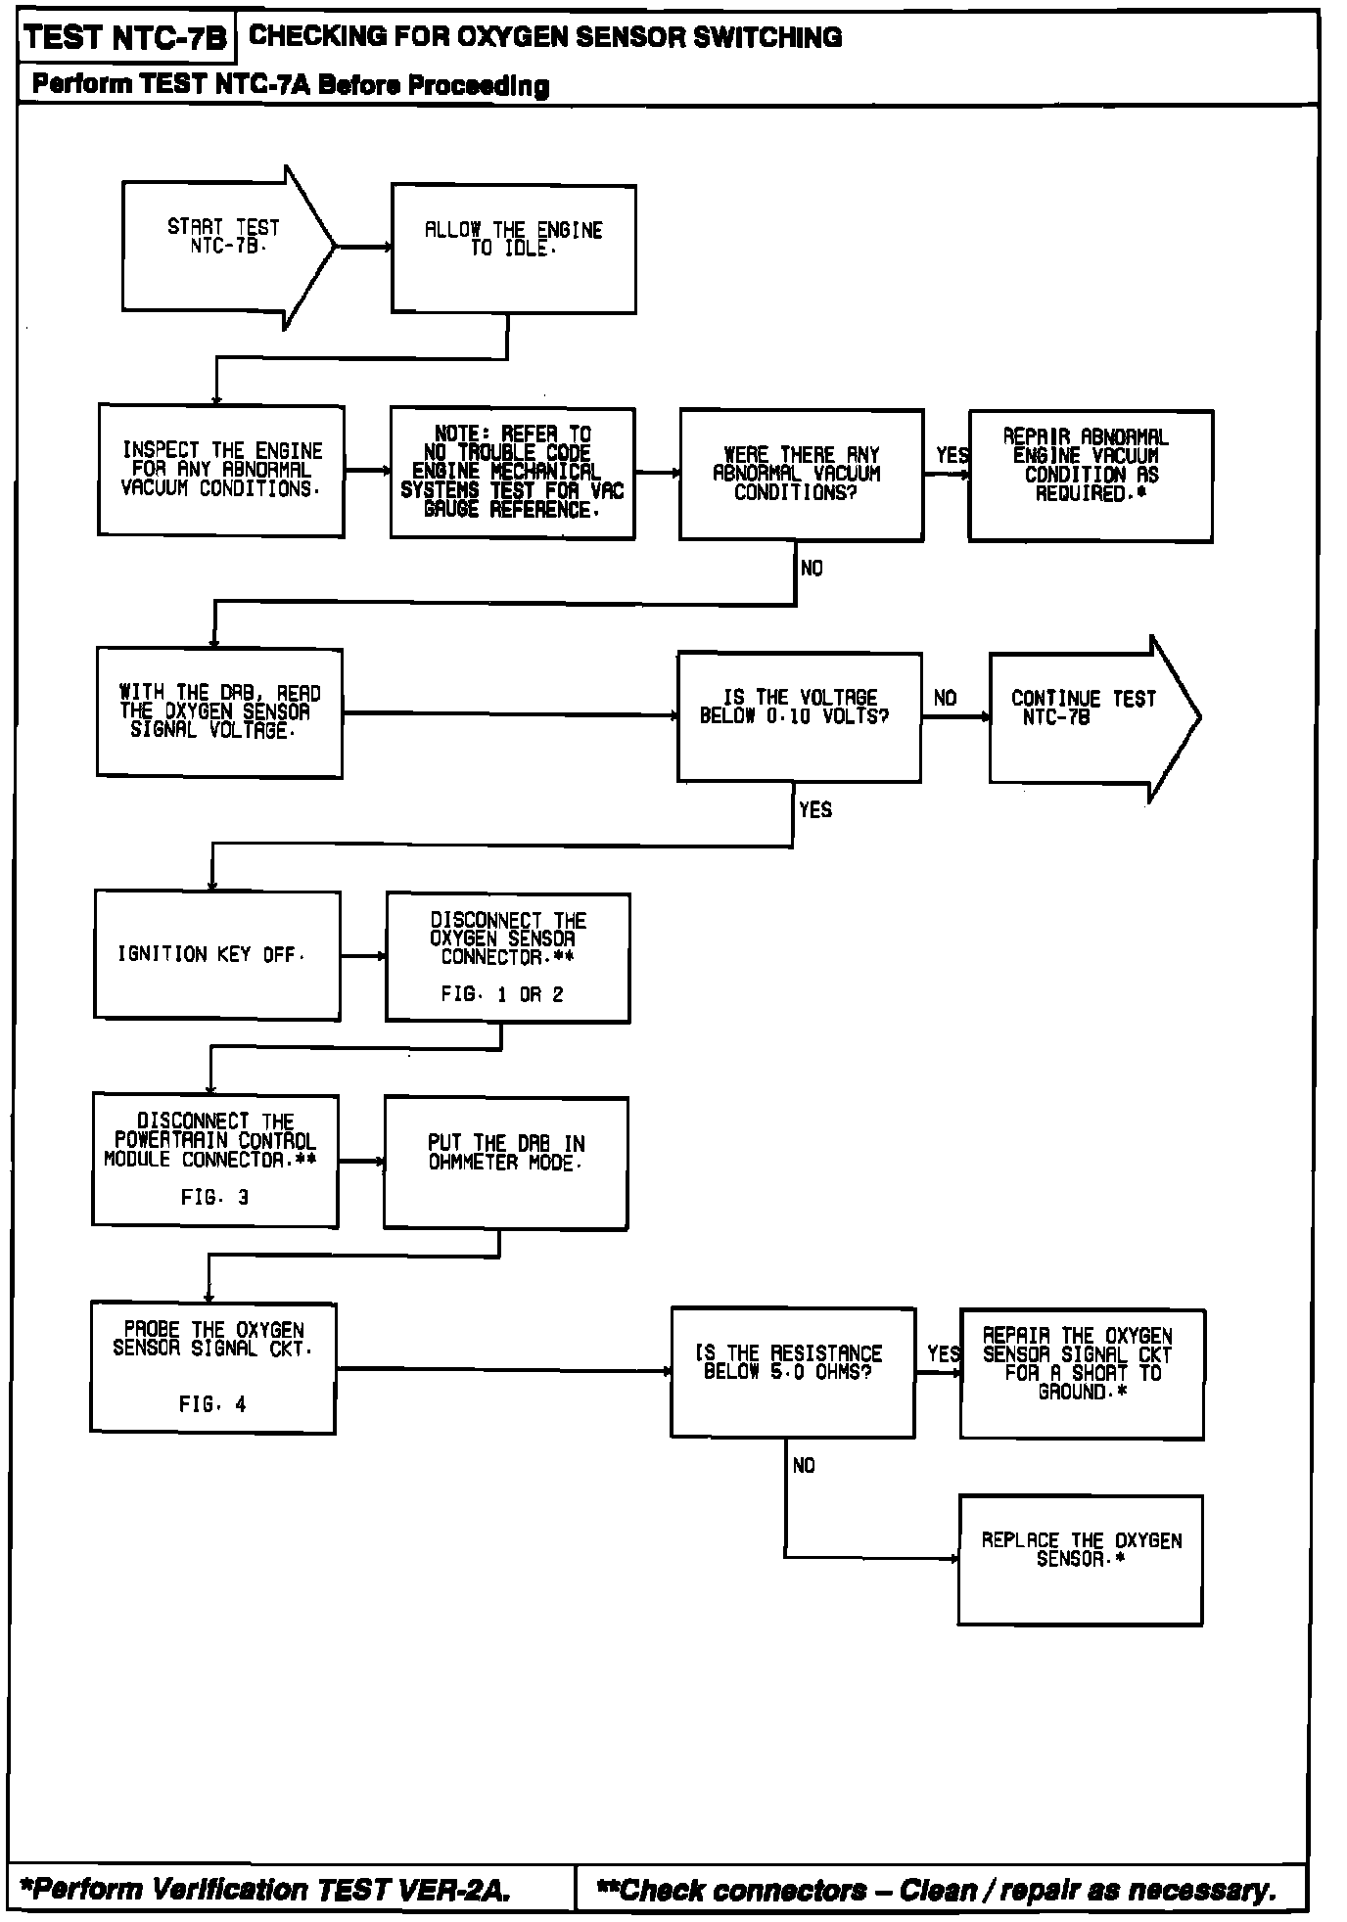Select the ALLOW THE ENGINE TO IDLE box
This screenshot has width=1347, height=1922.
coord(513,249)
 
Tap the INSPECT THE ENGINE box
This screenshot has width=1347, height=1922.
coord(221,471)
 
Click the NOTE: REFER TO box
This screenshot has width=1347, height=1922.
coord(512,474)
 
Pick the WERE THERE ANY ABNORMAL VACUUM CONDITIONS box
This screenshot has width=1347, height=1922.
coord(801,475)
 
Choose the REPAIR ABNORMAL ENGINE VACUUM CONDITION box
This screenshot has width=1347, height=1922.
coord(1091,476)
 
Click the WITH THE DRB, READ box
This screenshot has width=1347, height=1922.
coord(219,712)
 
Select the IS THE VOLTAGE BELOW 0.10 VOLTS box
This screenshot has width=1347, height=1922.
coord(799,716)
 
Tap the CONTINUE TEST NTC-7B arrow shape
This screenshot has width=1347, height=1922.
coord(1087,717)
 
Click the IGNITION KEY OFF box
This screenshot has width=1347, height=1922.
coord(217,955)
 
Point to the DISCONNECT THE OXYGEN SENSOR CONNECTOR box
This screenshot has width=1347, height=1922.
coord(507,957)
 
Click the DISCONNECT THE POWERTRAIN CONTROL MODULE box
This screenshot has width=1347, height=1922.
coord(215,1161)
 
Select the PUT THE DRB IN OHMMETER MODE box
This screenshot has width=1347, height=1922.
coord(505,1163)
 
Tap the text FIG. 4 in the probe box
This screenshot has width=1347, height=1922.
coord(212,1404)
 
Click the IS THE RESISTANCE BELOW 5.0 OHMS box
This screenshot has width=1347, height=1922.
coord(792,1372)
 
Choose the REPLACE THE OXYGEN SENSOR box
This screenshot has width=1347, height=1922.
coord(1080,1560)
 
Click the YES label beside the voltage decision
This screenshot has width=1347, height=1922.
coord(815,809)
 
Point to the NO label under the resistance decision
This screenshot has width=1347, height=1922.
coord(804,1465)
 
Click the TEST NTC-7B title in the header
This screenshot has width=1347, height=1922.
coord(125,38)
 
